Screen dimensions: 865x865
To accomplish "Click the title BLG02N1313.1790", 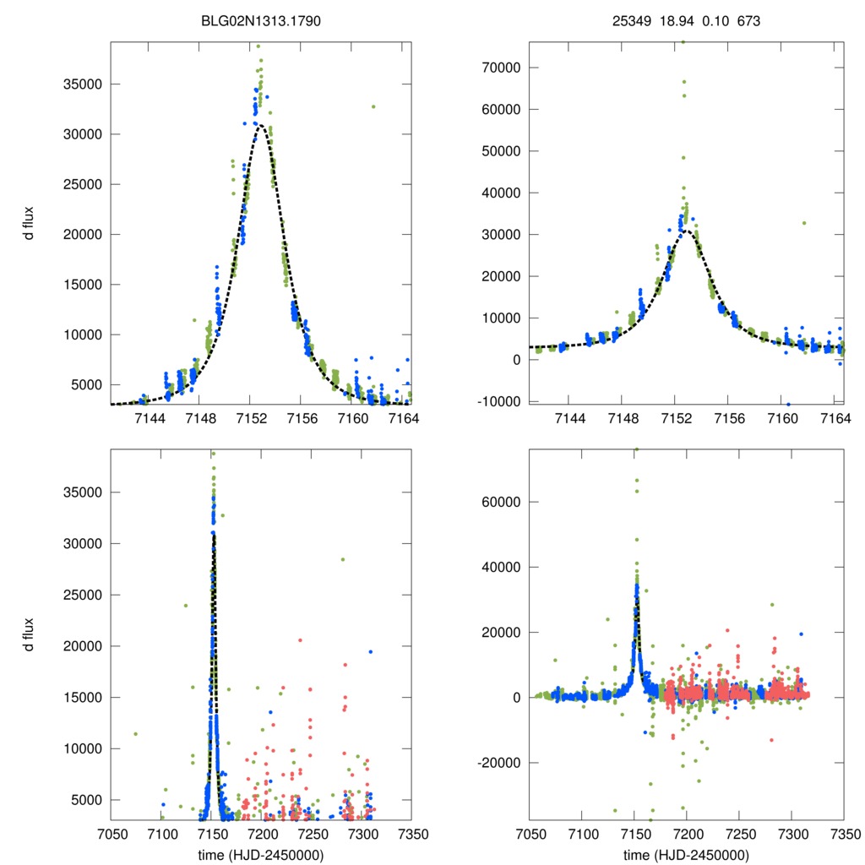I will pos(262,21).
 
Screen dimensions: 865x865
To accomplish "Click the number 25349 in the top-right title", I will pos(630,21).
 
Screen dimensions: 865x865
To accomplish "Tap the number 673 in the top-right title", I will pos(748,21).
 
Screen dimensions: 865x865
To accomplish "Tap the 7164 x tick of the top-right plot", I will pos(834,420).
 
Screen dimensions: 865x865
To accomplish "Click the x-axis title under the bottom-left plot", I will pos(261,854).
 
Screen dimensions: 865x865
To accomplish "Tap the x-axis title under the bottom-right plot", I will pos(686,854).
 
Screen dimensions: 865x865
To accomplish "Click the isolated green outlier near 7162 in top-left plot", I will pos(373,106).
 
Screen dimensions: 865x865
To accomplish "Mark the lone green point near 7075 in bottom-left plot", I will pos(135,733).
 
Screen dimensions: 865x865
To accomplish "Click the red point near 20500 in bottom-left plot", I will pos(300,640).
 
